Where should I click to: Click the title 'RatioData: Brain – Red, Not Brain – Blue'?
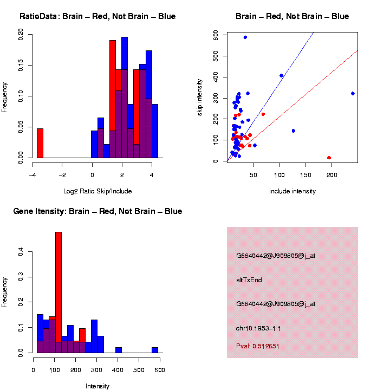coord(97,16)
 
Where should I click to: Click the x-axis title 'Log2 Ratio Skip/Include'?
coord(97,191)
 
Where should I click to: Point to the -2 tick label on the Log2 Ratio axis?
coord(62,175)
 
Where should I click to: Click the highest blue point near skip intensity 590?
coord(245,37)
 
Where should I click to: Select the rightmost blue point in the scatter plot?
coord(353,93)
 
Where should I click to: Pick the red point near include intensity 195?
coord(329,158)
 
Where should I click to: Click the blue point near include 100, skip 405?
coord(281,76)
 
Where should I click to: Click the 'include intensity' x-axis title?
coord(292,191)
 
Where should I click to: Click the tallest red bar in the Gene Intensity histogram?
coord(58,292)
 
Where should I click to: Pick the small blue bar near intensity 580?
coord(155,350)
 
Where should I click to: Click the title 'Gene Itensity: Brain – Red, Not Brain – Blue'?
coord(97,211)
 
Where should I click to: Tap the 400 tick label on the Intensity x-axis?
coord(118,370)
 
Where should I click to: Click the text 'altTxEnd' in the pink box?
coord(249,280)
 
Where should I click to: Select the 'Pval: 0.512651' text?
coord(258,346)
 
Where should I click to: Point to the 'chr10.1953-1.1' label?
coord(258,328)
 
